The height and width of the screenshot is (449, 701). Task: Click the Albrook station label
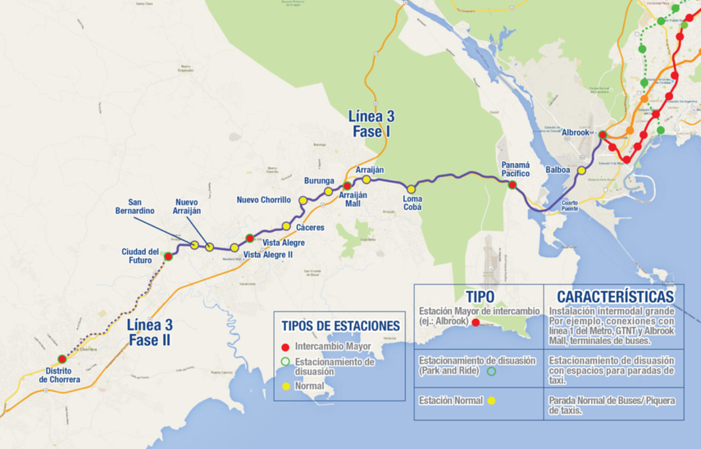(x=576, y=133)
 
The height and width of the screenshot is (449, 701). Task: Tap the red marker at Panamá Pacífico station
(x=512, y=185)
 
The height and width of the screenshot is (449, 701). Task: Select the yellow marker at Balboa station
(x=581, y=170)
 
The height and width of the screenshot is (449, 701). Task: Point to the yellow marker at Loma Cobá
(x=412, y=189)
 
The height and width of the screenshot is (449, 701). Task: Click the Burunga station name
(x=319, y=180)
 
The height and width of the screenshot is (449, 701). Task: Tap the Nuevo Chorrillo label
(x=264, y=200)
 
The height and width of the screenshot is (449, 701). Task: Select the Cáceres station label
(x=311, y=227)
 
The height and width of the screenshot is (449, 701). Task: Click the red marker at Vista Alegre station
(x=250, y=238)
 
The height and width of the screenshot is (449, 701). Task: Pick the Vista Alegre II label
(x=268, y=255)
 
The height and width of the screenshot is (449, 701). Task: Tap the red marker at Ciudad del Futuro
(x=168, y=256)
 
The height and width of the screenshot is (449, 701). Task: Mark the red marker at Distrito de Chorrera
(x=62, y=359)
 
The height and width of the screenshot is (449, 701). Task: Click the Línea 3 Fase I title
(x=371, y=124)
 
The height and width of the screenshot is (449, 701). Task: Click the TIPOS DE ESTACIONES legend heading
(x=340, y=325)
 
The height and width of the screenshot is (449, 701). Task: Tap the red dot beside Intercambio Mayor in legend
(x=284, y=347)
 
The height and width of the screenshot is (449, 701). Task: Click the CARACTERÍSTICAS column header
(x=615, y=296)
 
